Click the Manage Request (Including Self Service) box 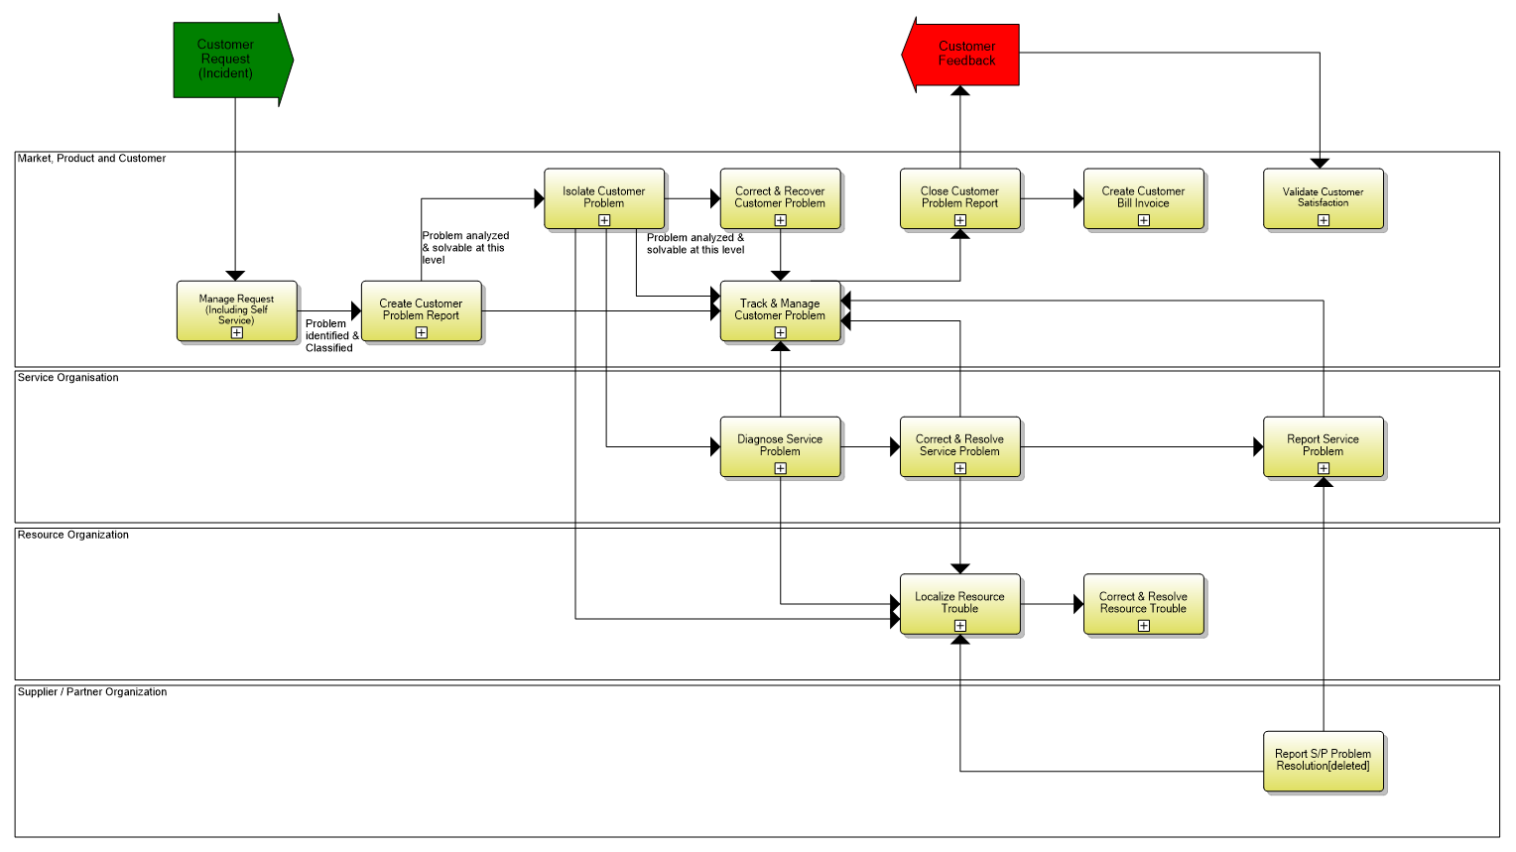(x=237, y=310)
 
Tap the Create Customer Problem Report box (x=422, y=310)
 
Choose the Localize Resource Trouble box (x=960, y=603)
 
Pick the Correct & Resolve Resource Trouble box (x=1144, y=603)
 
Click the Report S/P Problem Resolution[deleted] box (x=1324, y=761)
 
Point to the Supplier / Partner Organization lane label (x=92, y=692)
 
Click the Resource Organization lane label (x=73, y=535)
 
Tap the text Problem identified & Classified (x=330, y=336)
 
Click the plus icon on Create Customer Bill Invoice (x=1144, y=220)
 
